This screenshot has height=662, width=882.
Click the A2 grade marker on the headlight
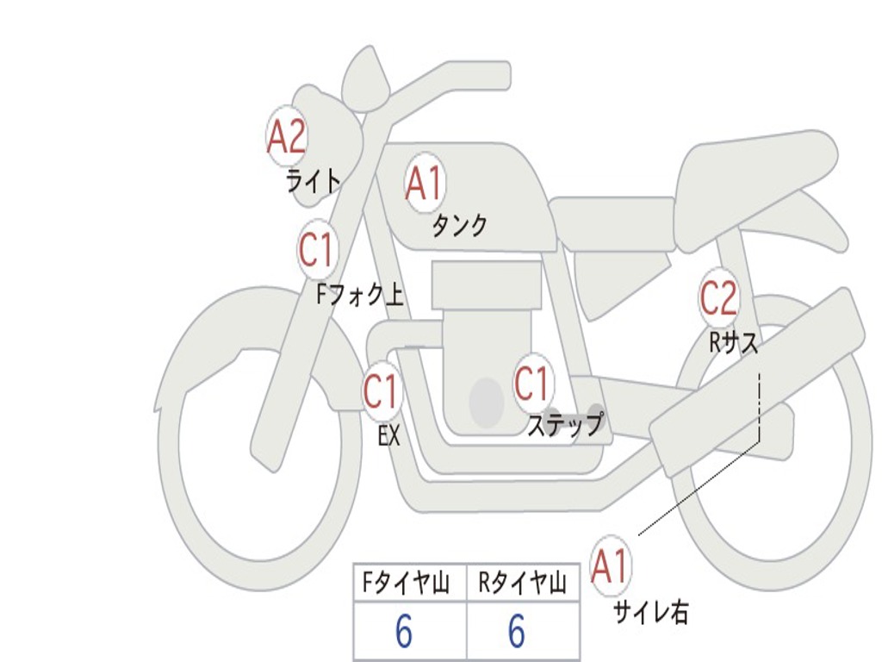pyautogui.click(x=287, y=136)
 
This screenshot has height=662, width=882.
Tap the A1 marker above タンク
pyautogui.click(x=425, y=184)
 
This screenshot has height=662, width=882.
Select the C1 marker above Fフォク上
pyautogui.click(x=316, y=250)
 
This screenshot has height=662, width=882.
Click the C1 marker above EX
pyautogui.click(x=381, y=392)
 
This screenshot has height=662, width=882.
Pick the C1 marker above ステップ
pyautogui.click(x=531, y=383)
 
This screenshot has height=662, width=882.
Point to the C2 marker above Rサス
pyautogui.click(x=718, y=298)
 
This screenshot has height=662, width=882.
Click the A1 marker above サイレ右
pyautogui.click(x=611, y=567)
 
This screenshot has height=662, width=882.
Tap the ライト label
pyautogui.click(x=314, y=181)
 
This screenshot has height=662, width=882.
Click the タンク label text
pyautogui.click(x=459, y=226)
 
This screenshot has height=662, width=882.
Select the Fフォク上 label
pyautogui.click(x=360, y=296)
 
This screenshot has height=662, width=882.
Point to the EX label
pyautogui.click(x=389, y=436)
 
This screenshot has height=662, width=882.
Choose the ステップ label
pyautogui.click(x=565, y=425)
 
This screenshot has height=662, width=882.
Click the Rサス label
pyautogui.click(x=734, y=343)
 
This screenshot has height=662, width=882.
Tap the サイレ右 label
pyautogui.click(x=651, y=612)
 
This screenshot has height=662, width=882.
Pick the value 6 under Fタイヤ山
pyautogui.click(x=403, y=633)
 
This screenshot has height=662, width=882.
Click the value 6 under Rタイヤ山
pyautogui.click(x=516, y=633)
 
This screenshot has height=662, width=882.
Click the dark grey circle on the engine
pyautogui.click(x=487, y=402)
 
